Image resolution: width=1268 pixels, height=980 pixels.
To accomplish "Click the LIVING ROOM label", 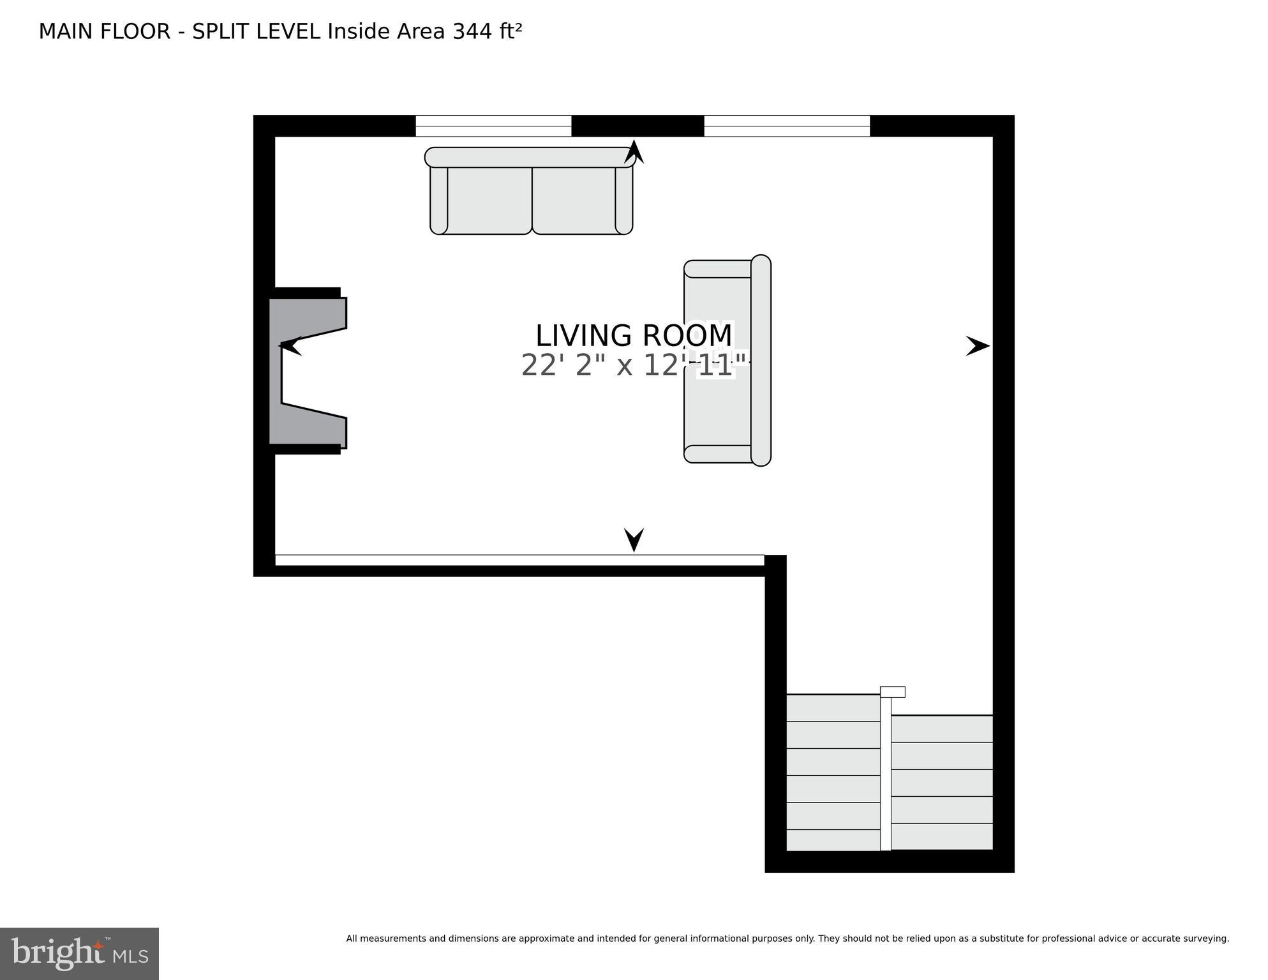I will pos(633,336).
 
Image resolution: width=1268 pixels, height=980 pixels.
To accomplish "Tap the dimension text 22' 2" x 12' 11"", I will pos(633,366).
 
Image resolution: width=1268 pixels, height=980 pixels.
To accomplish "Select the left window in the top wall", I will pos(493,126).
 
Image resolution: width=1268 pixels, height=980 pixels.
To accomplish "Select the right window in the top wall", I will pos(786,126).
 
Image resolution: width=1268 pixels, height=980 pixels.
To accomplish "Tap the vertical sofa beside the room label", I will pos(727,361).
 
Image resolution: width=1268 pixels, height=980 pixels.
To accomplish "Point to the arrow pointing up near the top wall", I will pos(634,152).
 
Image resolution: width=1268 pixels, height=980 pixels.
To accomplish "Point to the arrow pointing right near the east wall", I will pos(977,346).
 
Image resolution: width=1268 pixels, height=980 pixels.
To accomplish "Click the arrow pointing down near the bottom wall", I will pos(634,539).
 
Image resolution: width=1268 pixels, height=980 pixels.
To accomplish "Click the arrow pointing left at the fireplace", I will pos(290,346).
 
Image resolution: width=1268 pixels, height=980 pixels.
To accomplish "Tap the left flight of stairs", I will pos(833,773).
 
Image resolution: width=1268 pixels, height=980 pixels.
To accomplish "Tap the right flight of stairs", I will pos(941,783).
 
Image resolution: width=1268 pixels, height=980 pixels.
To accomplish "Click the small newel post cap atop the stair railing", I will pos(892,692).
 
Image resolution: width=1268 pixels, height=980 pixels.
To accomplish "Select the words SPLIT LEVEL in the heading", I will pos(256,31).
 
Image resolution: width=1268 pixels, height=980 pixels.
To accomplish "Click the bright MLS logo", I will pos(79,953).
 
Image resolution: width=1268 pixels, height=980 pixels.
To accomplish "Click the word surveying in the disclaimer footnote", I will pos(1206,939).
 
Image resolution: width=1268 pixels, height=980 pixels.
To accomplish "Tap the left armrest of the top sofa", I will pos(439,199).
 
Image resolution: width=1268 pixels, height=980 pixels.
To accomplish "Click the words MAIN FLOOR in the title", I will pos(104,31).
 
